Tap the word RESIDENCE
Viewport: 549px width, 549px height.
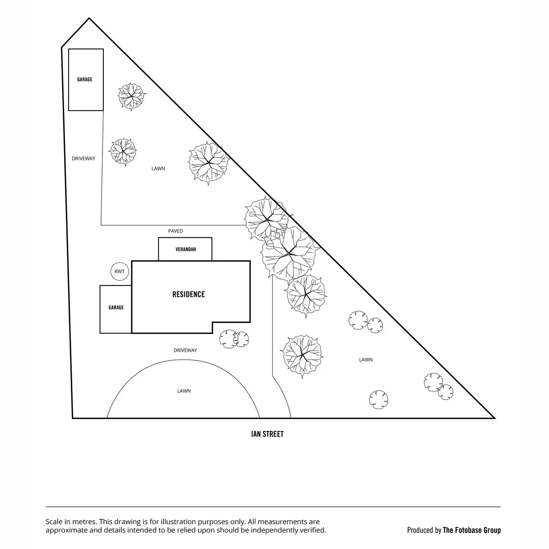[x=188, y=294]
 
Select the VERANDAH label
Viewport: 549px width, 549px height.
[x=186, y=249]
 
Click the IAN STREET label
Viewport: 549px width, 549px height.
[x=267, y=434]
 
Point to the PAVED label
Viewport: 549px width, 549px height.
[x=175, y=231]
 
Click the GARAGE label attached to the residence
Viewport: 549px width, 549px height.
[x=116, y=307]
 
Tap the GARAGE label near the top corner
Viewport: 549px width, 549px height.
[x=85, y=79]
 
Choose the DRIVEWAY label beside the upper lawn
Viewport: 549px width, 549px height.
[x=83, y=158]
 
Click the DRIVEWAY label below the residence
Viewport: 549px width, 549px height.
[x=185, y=350]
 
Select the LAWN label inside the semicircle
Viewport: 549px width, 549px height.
[x=184, y=391]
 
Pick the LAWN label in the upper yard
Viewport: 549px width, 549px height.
[x=158, y=168]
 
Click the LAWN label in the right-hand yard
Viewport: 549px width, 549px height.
[x=366, y=360]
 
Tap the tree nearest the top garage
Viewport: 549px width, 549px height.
[x=131, y=96]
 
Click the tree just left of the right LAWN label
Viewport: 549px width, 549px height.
[x=302, y=356]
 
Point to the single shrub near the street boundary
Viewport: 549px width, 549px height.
[x=378, y=400]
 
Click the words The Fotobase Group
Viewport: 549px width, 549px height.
[x=472, y=530]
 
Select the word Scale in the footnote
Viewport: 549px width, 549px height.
[x=54, y=522]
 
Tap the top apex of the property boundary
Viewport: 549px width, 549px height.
[x=89, y=18]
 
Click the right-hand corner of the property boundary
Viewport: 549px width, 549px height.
[x=495, y=418]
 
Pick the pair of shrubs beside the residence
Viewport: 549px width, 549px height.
[x=234, y=339]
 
